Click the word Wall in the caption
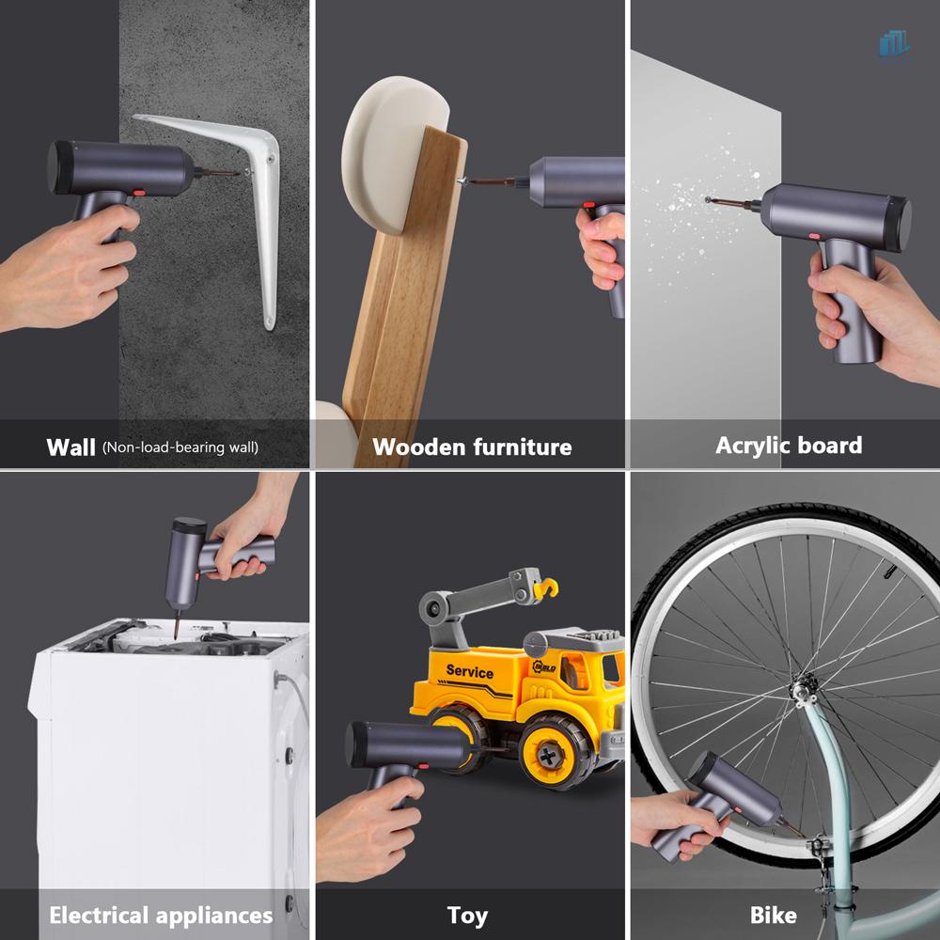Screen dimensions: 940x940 coord(70,446)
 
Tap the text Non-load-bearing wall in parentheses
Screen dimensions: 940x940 coord(180,447)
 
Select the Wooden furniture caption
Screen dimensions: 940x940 coord(472,446)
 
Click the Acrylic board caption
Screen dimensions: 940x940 coord(788,445)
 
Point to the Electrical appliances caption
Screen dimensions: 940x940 coord(161,915)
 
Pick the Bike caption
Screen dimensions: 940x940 coord(774,915)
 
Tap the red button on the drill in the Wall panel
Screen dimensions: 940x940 coord(137,191)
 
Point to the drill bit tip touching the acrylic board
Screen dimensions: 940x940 coord(707,198)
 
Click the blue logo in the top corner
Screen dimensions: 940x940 coord(894,43)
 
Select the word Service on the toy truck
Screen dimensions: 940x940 coord(469,671)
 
